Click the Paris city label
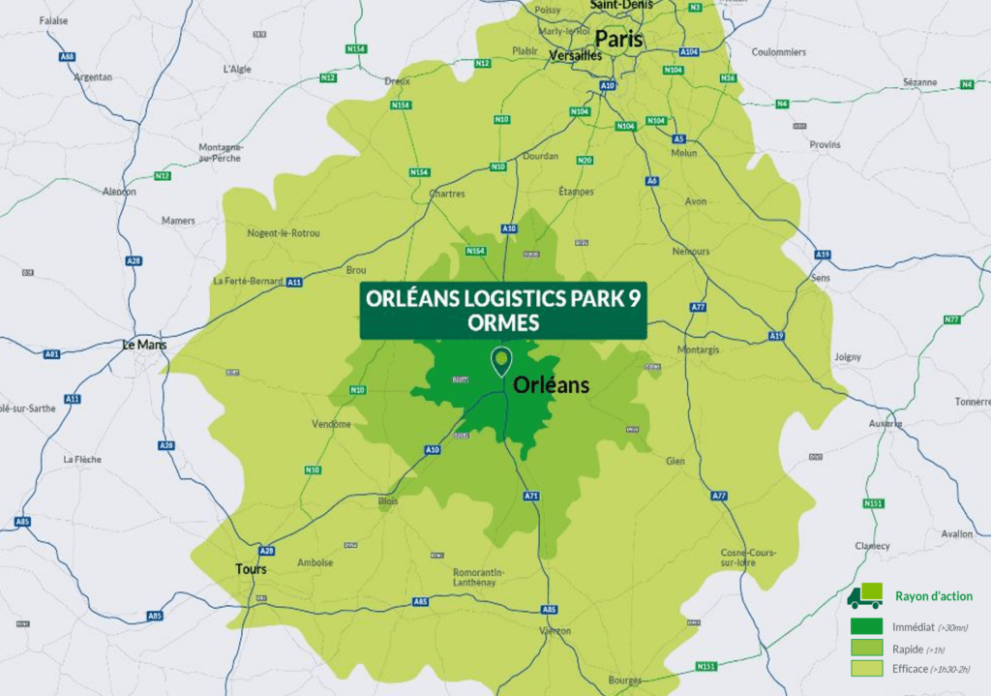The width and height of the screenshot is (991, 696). point(618,39)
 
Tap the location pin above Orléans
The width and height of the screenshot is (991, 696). point(500,360)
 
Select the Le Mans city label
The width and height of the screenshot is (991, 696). point(144,345)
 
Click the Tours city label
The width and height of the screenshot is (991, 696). point(251,569)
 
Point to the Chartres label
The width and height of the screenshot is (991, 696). point(446,194)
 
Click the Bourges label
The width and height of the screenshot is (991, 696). point(624,681)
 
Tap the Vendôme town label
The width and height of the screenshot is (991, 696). point(332,424)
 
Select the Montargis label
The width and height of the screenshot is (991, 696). point(699,349)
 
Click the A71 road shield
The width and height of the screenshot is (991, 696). point(531,496)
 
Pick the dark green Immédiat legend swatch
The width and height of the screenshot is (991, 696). point(866,626)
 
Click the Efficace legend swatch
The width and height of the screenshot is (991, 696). point(866,668)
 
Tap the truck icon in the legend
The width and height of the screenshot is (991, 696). point(864,596)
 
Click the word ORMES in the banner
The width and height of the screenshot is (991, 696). point(502,323)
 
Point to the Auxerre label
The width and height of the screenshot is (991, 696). point(885,423)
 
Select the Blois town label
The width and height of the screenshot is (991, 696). point(388,501)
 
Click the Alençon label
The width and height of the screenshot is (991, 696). point(119,191)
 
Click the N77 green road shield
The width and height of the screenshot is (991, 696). point(951,319)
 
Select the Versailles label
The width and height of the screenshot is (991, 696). point(575,56)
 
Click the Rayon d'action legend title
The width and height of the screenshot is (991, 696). point(934,596)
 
